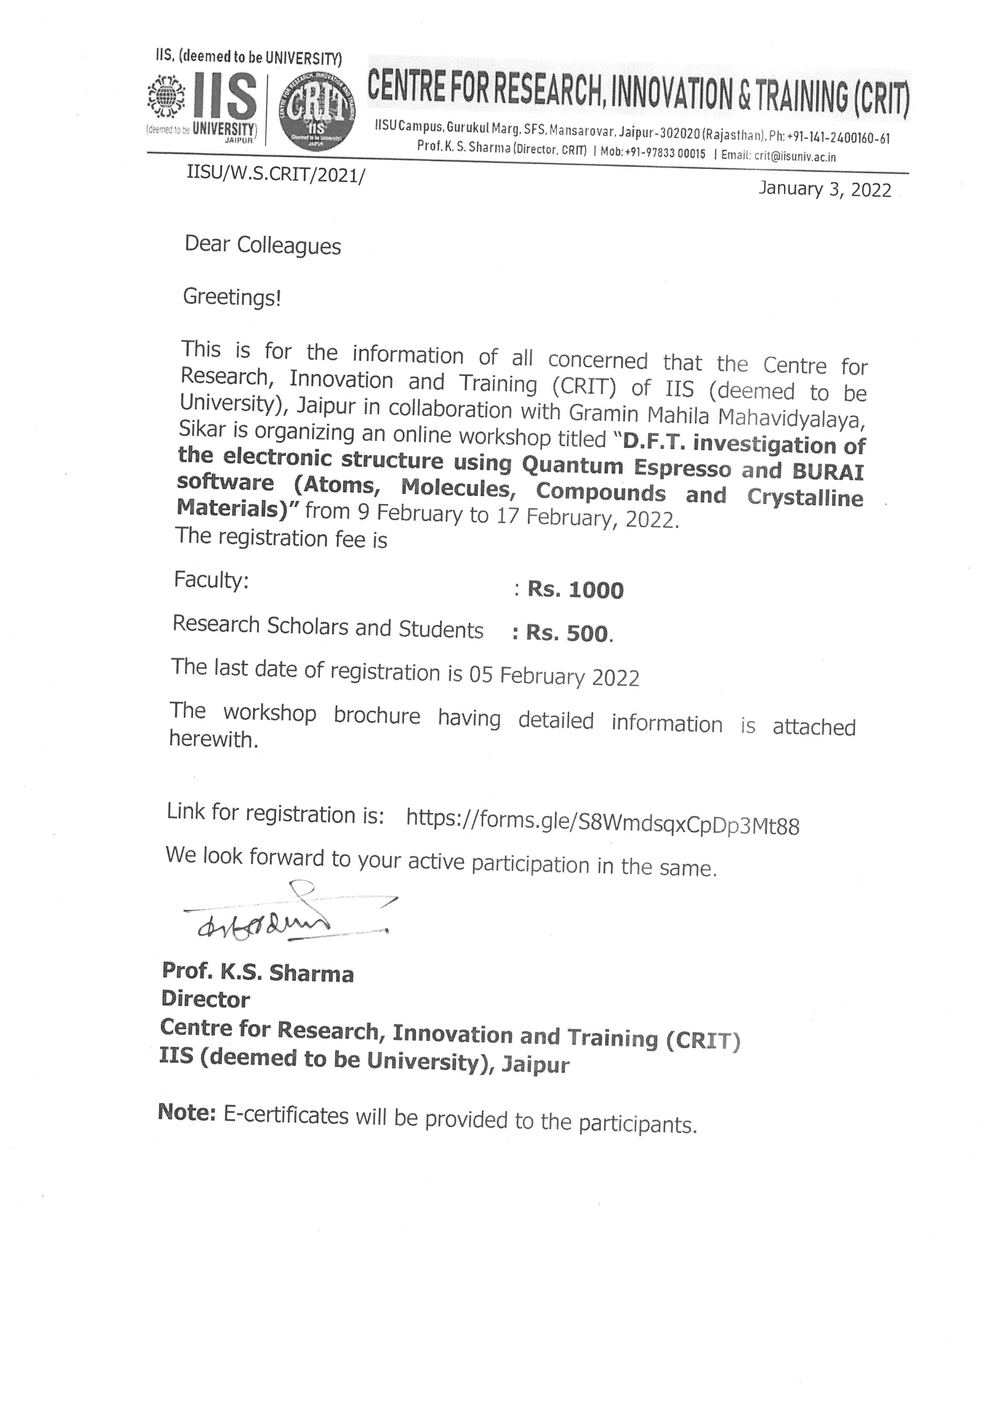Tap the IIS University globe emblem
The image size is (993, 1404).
167,96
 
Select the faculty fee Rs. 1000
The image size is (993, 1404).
575,590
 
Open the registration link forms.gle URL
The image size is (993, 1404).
602,824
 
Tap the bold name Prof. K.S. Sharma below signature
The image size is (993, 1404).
257,973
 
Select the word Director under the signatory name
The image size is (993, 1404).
205,1000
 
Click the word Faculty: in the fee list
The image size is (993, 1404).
211,580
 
